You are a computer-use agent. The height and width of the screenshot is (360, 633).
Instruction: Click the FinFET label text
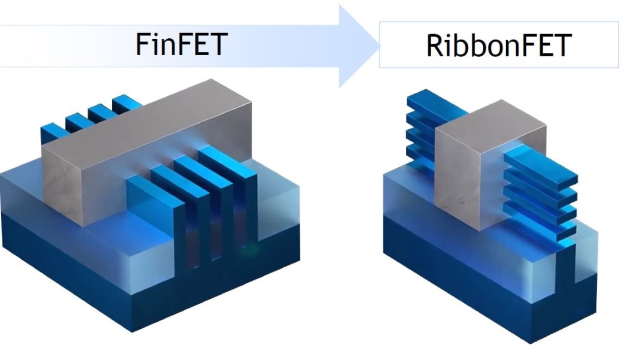[x=180, y=45]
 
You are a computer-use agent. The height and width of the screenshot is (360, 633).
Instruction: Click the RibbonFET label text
[x=499, y=45]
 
